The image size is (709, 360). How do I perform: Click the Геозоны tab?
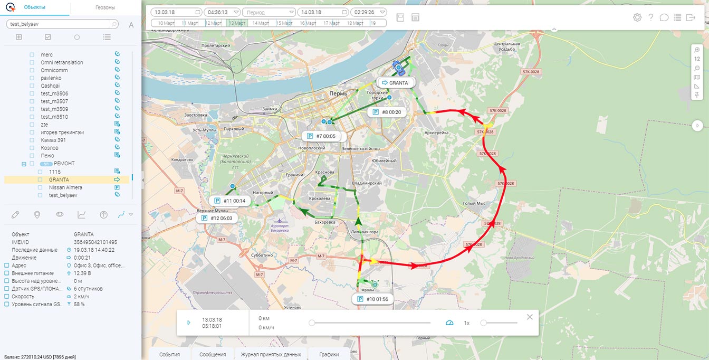(106, 8)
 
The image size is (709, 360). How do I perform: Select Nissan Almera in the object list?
(65, 187)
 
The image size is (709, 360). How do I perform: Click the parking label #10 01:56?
(373, 299)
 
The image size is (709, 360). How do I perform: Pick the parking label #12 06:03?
(217, 217)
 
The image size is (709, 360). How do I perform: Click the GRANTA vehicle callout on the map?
(395, 83)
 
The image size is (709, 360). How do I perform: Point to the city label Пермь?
(338, 93)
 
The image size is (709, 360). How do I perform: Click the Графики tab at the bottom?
(329, 354)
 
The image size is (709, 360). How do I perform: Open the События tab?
(170, 354)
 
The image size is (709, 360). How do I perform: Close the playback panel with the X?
(530, 317)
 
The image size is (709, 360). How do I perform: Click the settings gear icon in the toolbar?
(637, 17)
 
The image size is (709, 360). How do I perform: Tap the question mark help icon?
(651, 17)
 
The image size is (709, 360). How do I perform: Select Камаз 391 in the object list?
(53, 140)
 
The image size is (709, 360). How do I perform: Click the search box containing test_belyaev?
(61, 24)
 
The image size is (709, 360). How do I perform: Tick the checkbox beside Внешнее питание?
(7, 273)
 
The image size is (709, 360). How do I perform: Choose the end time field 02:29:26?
(368, 12)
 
